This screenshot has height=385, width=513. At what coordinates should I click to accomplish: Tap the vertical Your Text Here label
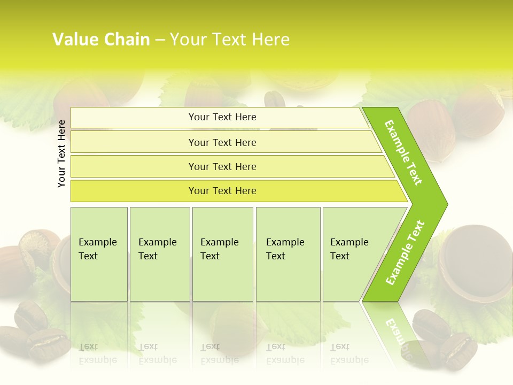61,153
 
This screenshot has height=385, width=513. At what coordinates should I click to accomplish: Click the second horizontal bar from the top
222,142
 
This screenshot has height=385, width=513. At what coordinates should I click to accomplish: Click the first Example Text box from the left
99,254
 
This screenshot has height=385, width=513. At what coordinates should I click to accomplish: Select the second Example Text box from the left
160,254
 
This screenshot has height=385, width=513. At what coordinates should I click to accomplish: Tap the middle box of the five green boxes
222,254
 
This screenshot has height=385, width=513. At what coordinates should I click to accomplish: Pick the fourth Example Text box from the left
288,254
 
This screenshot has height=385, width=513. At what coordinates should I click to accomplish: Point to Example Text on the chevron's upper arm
403,152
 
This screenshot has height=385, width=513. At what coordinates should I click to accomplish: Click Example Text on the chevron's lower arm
405,252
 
